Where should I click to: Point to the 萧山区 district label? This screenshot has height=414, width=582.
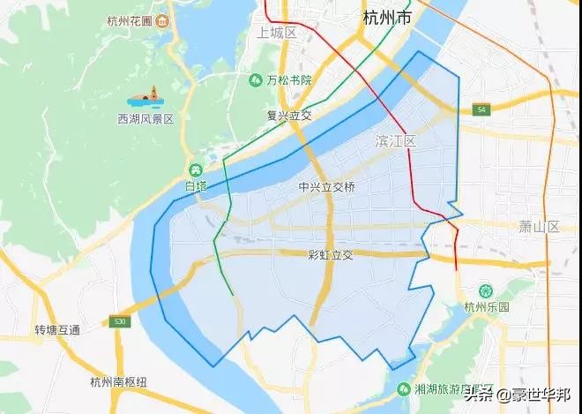[x=540, y=227]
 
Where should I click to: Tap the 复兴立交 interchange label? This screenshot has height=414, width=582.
[x=289, y=115]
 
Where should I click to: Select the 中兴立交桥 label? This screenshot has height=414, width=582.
[x=326, y=187]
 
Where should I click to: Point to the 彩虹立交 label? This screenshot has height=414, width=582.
[x=331, y=254]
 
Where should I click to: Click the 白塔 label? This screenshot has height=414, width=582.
[x=196, y=186]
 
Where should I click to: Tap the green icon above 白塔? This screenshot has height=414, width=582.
[x=196, y=169]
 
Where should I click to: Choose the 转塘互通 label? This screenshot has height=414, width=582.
[x=57, y=330]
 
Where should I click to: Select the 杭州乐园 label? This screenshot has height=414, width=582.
[x=482, y=307]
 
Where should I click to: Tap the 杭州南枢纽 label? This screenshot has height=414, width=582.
[x=119, y=382]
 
